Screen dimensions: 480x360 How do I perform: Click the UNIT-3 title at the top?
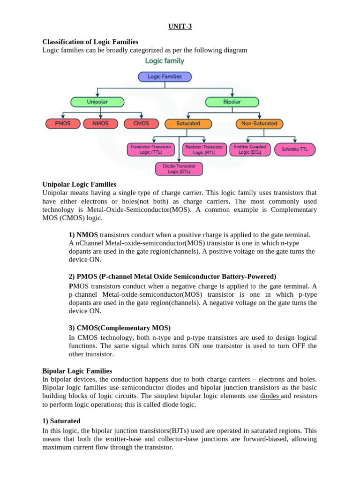pos(180,27)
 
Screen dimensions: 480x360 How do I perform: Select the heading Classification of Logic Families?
pos(90,42)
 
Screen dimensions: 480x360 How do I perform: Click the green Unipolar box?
pos(97,102)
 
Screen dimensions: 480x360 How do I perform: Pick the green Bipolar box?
pos(232,102)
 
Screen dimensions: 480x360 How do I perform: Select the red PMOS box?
pos(62,124)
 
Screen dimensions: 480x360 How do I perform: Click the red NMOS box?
pos(101,124)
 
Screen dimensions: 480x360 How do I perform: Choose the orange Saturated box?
pos(188,124)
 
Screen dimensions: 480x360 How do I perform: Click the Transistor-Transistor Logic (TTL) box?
pos(151,150)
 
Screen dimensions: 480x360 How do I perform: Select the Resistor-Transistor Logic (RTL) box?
pos(204,150)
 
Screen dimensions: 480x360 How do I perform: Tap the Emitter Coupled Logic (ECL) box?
pos(250,150)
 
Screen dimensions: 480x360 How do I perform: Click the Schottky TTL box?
pos(295,150)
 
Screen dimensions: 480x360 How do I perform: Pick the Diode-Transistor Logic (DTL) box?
pos(179,169)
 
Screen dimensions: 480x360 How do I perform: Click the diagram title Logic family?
pos(165,61)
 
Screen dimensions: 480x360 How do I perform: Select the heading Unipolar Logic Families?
pos(79,184)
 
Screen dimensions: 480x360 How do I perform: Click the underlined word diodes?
pos(270,396)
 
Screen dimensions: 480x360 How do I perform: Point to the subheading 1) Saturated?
pos(61,420)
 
